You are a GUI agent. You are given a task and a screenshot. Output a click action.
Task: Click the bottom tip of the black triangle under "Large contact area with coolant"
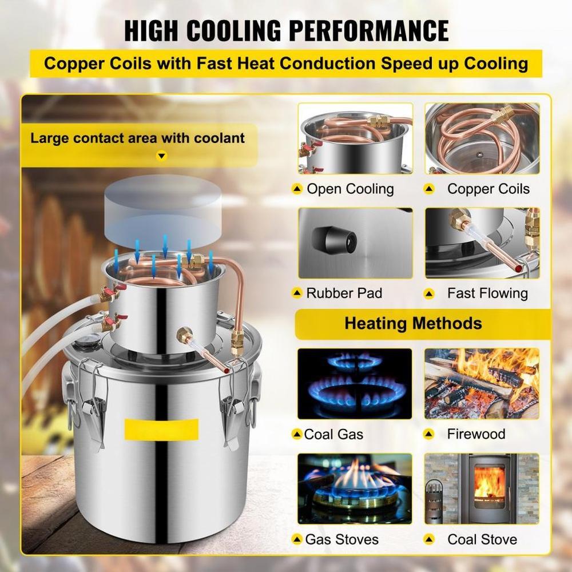click(162, 159)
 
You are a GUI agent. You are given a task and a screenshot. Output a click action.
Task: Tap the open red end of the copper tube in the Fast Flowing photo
click(518, 268)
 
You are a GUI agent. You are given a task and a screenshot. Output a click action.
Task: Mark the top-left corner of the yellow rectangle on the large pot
click(125, 419)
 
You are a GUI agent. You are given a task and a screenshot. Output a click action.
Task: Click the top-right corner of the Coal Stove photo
click(539, 454)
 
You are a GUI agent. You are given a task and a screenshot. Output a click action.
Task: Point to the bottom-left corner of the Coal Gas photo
click(298, 419)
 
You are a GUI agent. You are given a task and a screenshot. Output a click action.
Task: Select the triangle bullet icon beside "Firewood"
click(428, 434)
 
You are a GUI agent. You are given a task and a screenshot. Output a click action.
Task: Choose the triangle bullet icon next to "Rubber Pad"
click(296, 293)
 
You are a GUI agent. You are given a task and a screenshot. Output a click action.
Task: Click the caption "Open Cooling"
click(350, 189)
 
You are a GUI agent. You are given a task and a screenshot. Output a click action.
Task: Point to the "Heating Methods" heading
click(414, 324)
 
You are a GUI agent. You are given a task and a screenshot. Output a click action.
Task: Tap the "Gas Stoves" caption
click(342, 539)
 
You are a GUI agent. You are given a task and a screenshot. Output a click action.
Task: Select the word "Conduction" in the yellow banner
click(328, 63)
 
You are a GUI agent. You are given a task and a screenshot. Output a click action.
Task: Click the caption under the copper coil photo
click(488, 189)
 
